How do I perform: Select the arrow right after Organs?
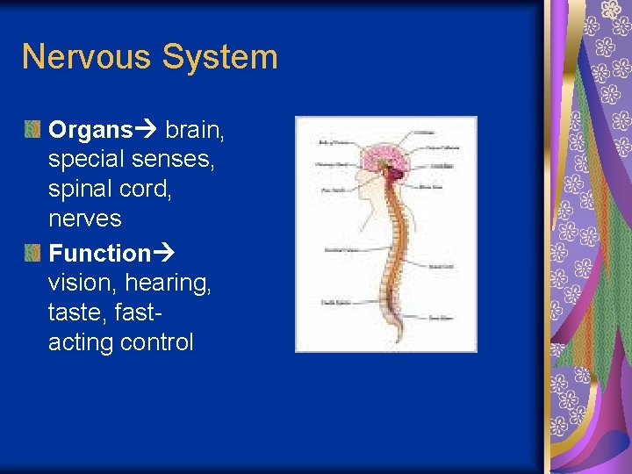(x=145, y=131)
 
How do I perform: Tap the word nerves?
(x=85, y=218)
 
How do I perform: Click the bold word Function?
(x=100, y=254)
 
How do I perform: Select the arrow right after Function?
(x=164, y=254)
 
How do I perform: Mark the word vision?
(x=83, y=283)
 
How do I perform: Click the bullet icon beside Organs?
(x=32, y=131)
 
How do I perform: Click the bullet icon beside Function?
(x=32, y=254)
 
